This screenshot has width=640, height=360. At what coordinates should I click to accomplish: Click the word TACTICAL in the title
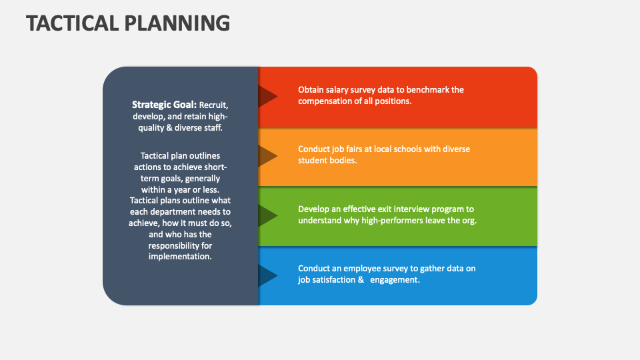pos(72,23)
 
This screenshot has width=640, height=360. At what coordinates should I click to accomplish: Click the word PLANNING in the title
pos(177,23)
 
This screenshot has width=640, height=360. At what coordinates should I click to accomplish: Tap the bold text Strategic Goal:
pos(164,105)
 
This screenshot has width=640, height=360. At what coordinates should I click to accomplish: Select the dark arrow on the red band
pos(268,97)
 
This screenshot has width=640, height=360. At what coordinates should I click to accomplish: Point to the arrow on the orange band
pos(268,156)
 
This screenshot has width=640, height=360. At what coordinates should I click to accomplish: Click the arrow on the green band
pos(268,215)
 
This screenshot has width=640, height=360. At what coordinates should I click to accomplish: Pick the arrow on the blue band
pos(268,275)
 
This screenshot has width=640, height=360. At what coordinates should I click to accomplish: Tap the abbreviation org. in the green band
pos(469,221)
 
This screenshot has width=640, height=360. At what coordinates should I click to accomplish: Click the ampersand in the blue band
pos(361,280)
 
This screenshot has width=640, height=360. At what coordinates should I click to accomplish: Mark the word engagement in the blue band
pos(395,280)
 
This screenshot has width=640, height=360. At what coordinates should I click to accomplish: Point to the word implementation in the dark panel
pos(180,257)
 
